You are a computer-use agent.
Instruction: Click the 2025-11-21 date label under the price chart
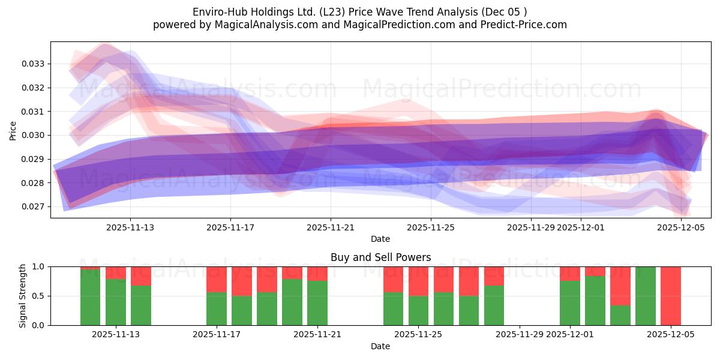[x=331, y=228]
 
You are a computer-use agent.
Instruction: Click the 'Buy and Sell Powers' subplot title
[x=380, y=257]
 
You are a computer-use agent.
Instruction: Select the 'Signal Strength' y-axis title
[x=23, y=296]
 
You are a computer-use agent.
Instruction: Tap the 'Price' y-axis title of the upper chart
[x=13, y=130]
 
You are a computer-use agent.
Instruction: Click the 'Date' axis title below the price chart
[x=380, y=239]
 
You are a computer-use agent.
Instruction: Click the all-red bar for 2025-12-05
[x=670, y=296]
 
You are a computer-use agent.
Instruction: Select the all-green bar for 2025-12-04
[x=645, y=296]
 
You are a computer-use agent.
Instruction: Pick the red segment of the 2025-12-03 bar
[x=620, y=286]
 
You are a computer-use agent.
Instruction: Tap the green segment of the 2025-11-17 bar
[x=217, y=308]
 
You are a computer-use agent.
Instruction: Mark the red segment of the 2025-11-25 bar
[x=418, y=281]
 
